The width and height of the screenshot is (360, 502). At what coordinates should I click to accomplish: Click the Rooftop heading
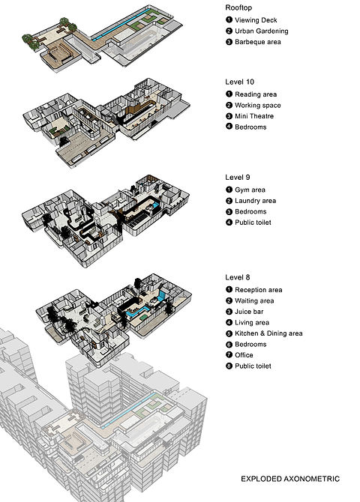click(238, 7)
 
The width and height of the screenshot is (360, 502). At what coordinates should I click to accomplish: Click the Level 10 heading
click(239, 82)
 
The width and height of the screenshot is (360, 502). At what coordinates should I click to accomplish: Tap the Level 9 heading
click(238, 178)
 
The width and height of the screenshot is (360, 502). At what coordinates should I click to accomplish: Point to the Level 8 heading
click(238, 277)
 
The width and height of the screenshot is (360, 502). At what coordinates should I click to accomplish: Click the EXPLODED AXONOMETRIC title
click(290, 479)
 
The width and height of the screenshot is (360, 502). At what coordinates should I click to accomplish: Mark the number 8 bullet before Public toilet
click(229, 366)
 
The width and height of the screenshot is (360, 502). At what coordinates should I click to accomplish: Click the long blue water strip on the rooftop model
click(121, 25)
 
